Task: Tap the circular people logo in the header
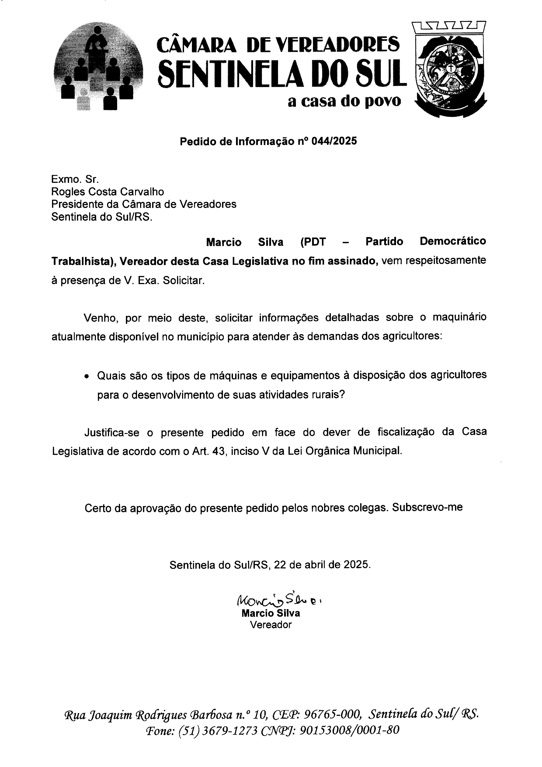tap(98, 67)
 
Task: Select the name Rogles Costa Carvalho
tap(108, 192)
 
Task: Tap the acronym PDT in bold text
tap(313, 241)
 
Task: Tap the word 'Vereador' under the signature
tap(271, 625)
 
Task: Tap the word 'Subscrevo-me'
tap(427, 507)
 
